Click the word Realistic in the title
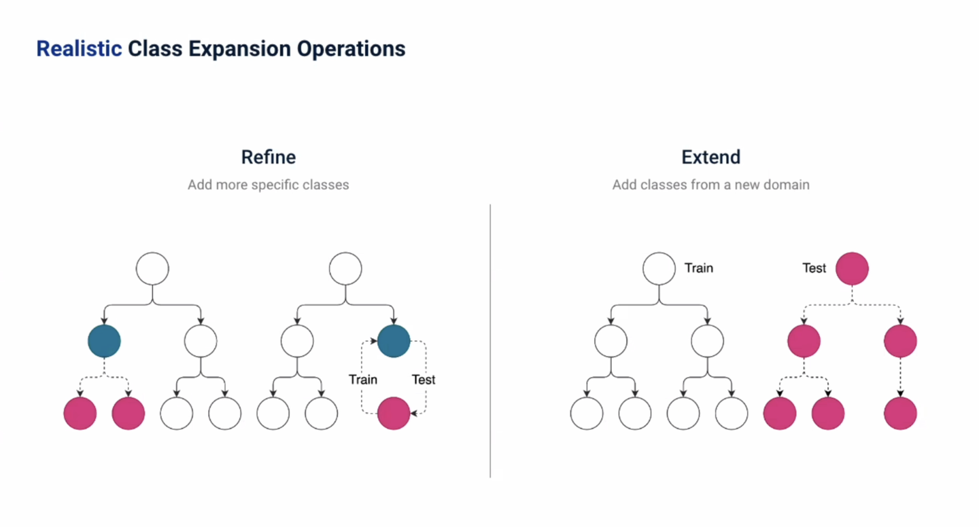79,49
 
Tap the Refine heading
269,158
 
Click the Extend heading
710,158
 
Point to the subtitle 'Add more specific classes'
269,185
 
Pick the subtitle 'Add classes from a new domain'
710,185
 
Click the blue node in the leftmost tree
104,341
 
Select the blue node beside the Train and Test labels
394,341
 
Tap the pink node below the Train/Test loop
394,414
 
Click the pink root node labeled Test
852,269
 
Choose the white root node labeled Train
659,269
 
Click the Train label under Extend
699,268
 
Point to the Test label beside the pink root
814,268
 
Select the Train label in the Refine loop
363,380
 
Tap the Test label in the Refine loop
424,380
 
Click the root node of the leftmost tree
152,269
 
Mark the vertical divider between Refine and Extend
490,340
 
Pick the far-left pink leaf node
80,414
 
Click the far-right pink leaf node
901,414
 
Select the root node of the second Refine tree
345,269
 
